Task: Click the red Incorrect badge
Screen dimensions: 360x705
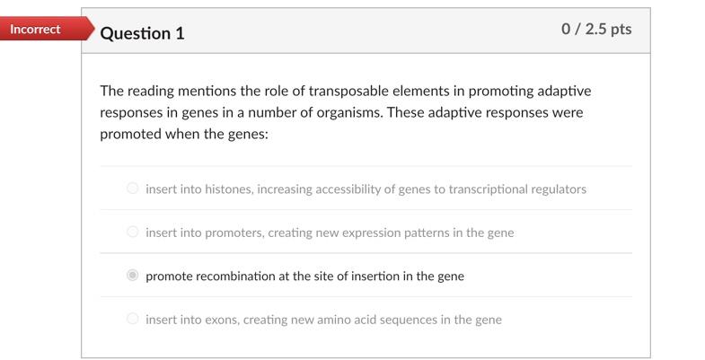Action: tap(38, 30)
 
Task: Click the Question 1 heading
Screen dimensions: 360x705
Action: tap(143, 33)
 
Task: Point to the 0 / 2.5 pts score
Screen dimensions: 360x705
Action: tap(596, 29)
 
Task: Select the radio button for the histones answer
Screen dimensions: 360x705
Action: tap(133, 189)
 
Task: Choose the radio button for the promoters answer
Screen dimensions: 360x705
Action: tap(133, 233)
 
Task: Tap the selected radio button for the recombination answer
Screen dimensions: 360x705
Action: tap(133, 276)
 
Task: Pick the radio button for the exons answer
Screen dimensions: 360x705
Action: tap(133, 319)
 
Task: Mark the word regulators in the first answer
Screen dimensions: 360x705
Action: tap(558, 189)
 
